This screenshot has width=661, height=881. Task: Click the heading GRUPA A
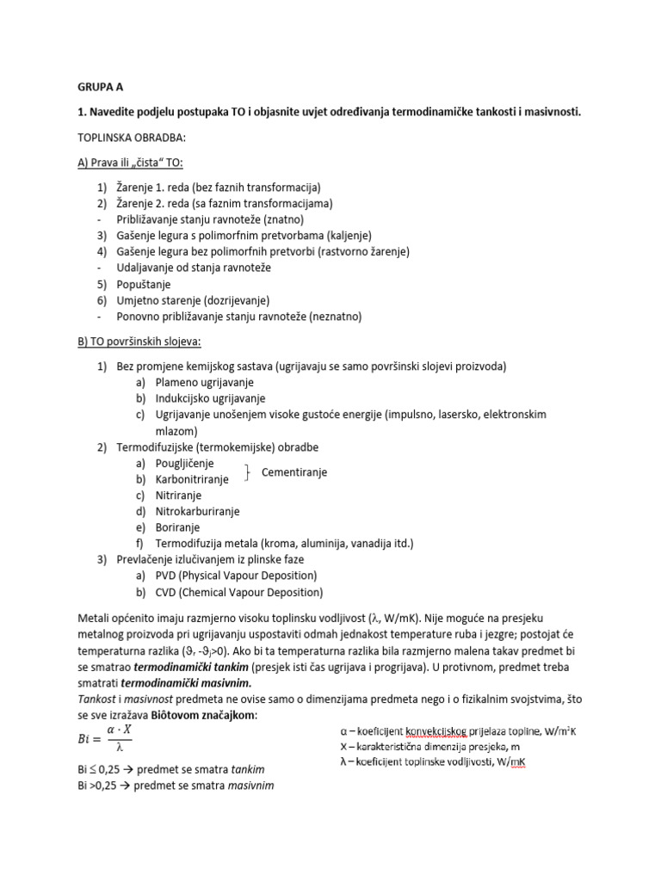[101, 86]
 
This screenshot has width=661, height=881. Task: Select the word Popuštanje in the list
[144, 284]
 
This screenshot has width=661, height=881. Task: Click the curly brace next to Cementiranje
[248, 471]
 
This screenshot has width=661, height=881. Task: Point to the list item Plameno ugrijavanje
[205, 382]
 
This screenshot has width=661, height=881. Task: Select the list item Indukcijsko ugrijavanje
[211, 398]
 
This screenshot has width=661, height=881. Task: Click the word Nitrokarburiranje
[197, 511]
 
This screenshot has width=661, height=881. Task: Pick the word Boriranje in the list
[177, 527]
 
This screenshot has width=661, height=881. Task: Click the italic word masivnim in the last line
[250, 786]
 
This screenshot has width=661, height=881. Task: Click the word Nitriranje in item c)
[178, 496]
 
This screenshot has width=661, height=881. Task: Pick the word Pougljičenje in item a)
[184, 463]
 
